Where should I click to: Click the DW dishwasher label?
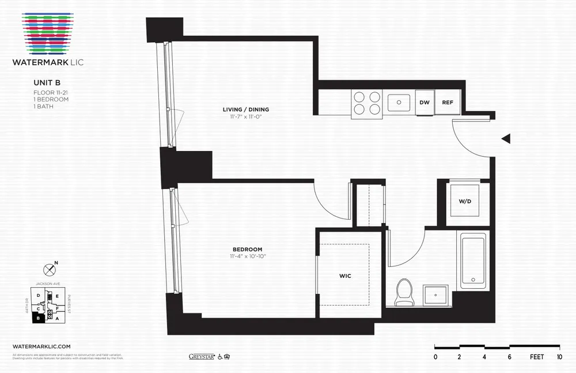click(x=425, y=103)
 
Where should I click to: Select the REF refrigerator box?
click(x=448, y=103)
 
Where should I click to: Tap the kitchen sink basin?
click(x=397, y=103)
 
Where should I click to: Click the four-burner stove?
click(x=367, y=103)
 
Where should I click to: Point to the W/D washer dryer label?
click(x=465, y=201)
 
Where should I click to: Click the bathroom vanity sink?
click(x=437, y=296)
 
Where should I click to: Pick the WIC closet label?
click(x=345, y=276)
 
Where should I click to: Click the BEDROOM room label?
click(x=248, y=249)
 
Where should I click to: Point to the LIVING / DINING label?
click(x=246, y=110)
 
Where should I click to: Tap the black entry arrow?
click(x=506, y=138)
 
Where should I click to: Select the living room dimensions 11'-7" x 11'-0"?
click(x=246, y=116)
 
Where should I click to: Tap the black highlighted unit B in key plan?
click(x=38, y=318)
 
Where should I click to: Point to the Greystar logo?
click(x=201, y=356)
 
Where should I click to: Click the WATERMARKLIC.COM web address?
click(x=41, y=345)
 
